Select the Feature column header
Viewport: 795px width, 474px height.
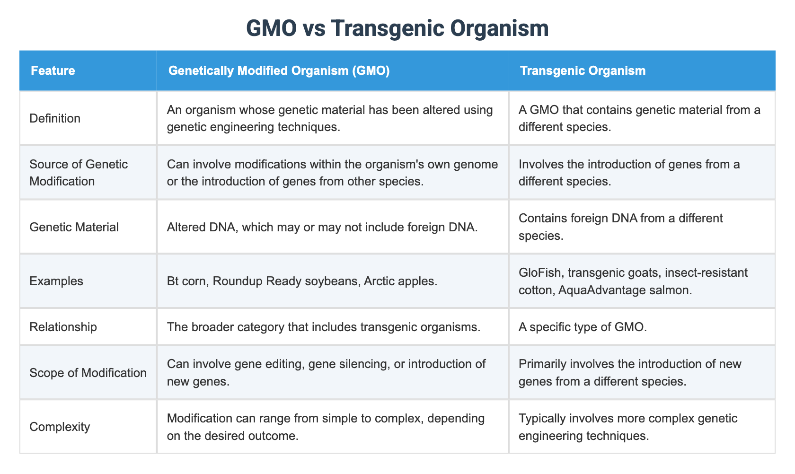tap(53, 71)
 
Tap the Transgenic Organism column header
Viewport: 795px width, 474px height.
tap(583, 71)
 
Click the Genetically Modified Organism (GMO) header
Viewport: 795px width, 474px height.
tap(279, 71)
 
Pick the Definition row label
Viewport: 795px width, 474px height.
tap(55, 118)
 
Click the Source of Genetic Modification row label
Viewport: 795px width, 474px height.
tap(79, 172)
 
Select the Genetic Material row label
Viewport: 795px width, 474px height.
tap(74, 227)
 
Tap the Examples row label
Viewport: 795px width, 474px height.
tap(56, 281)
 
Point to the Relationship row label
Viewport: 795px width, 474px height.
tap(63, 327)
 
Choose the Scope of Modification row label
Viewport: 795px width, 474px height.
tap(88, 372)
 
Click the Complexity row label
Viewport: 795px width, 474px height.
tap(59, 427)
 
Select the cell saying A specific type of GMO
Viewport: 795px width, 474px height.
tap(582, 327)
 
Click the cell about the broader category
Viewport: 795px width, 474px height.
tap(324, 327)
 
